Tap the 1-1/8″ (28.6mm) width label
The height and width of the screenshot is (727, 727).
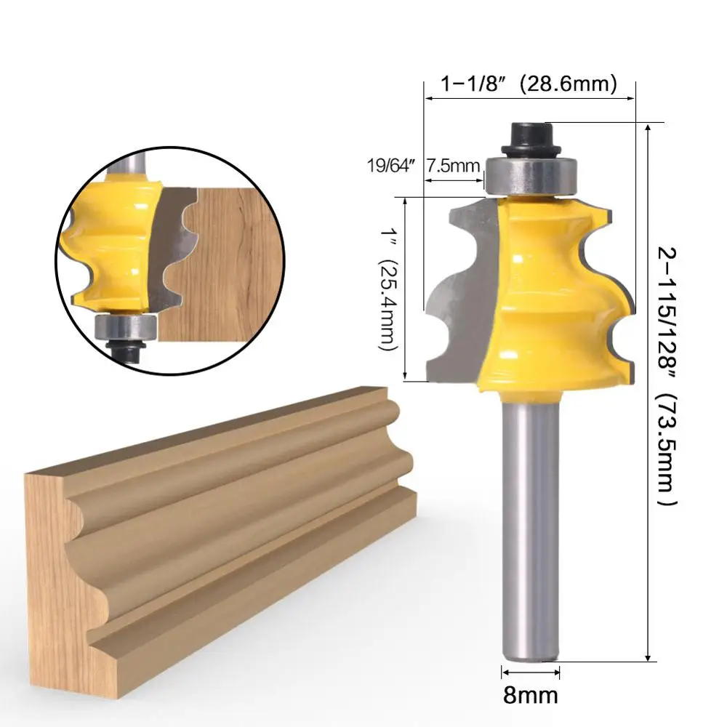pyautogui.click(x=529, y=84)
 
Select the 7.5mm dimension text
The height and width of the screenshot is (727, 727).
pyautogui.click(x=453, y=165)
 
